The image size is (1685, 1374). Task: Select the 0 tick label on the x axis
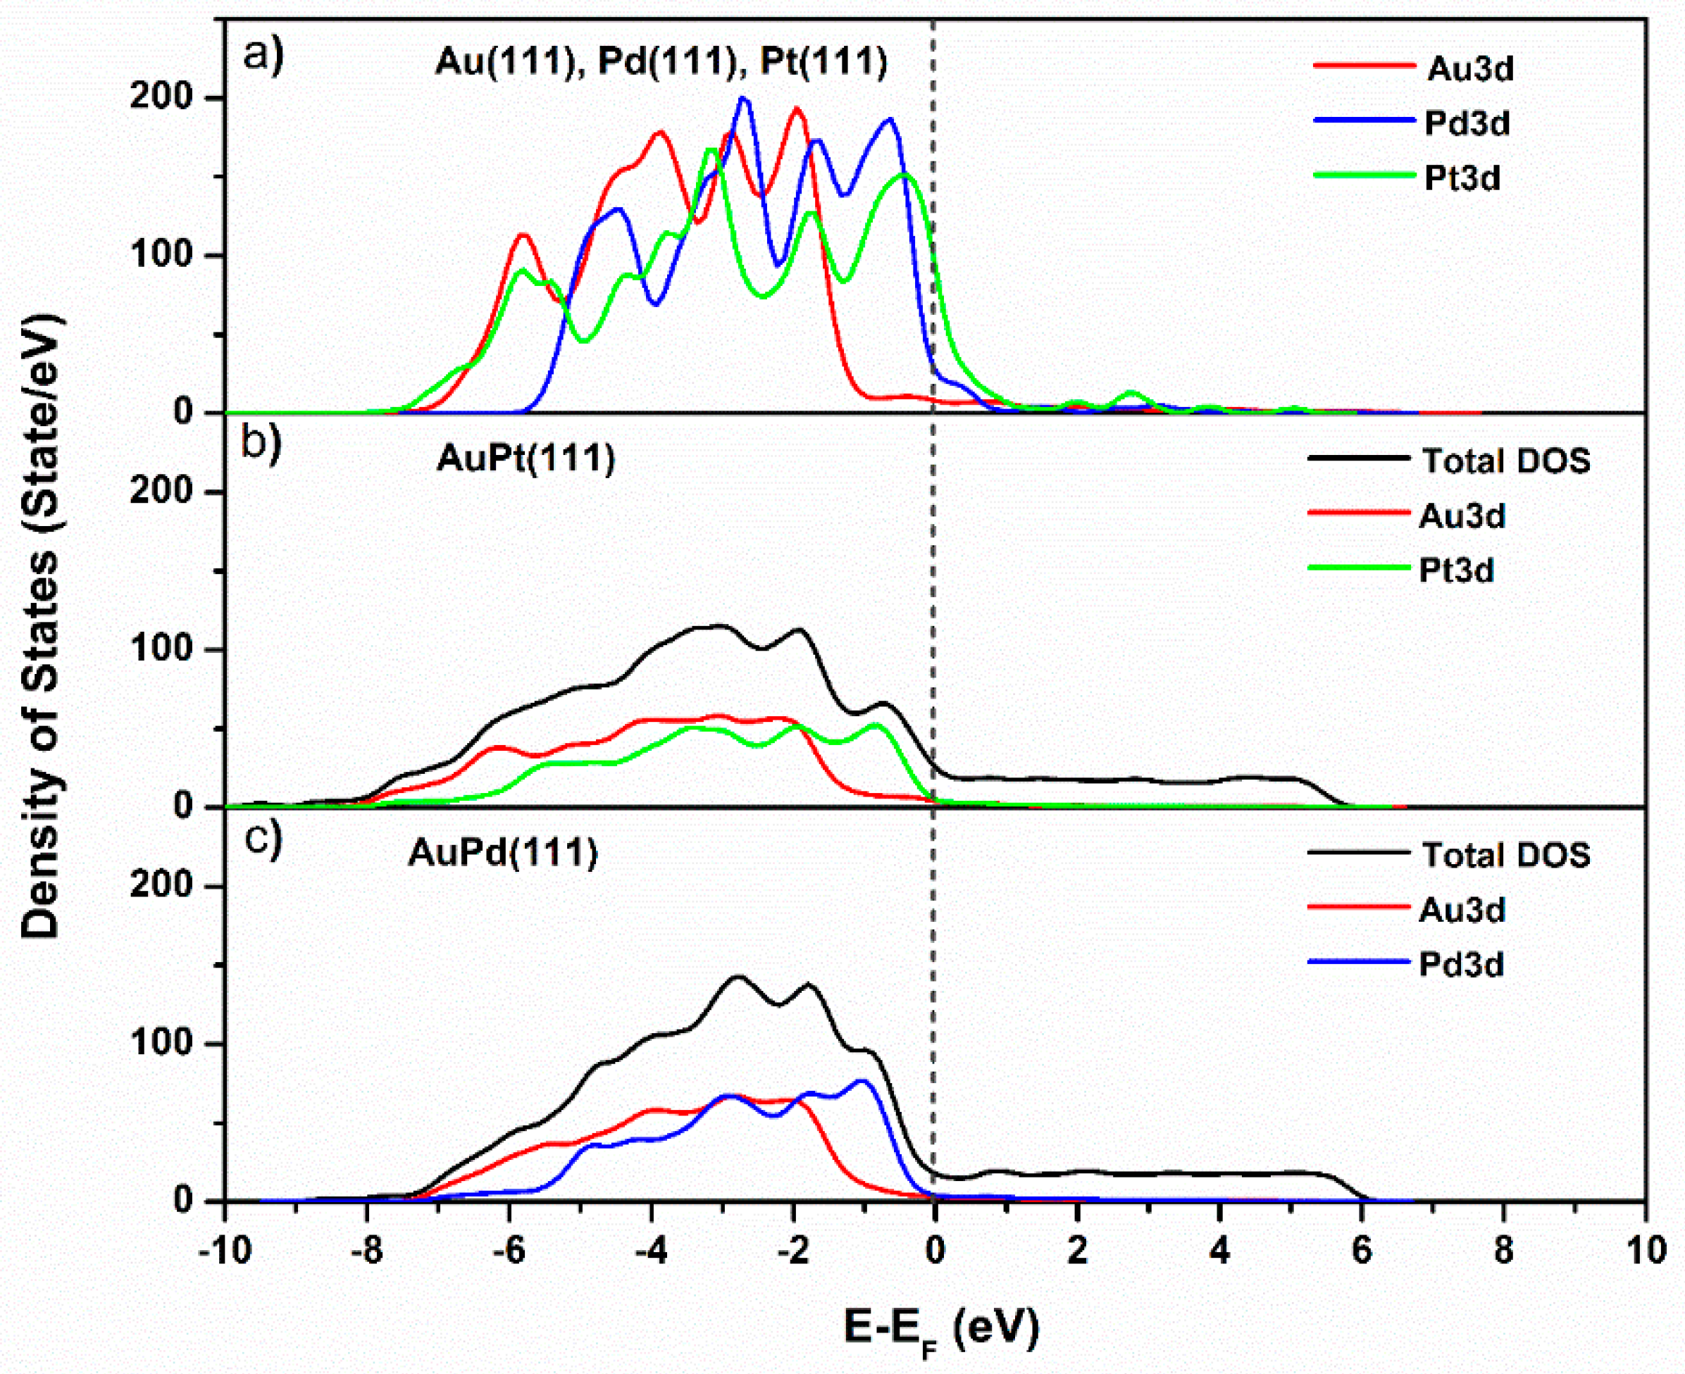coord(935,1250)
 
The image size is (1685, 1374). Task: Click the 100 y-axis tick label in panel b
coord(162,650)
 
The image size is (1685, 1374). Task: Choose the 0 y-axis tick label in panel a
coord(184,413)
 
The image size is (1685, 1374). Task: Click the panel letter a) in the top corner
coord(263,56)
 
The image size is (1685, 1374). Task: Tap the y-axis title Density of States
coord(41,625)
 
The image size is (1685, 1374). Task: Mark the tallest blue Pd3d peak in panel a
coord(742,99)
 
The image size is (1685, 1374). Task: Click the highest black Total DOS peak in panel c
coord(738,976)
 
